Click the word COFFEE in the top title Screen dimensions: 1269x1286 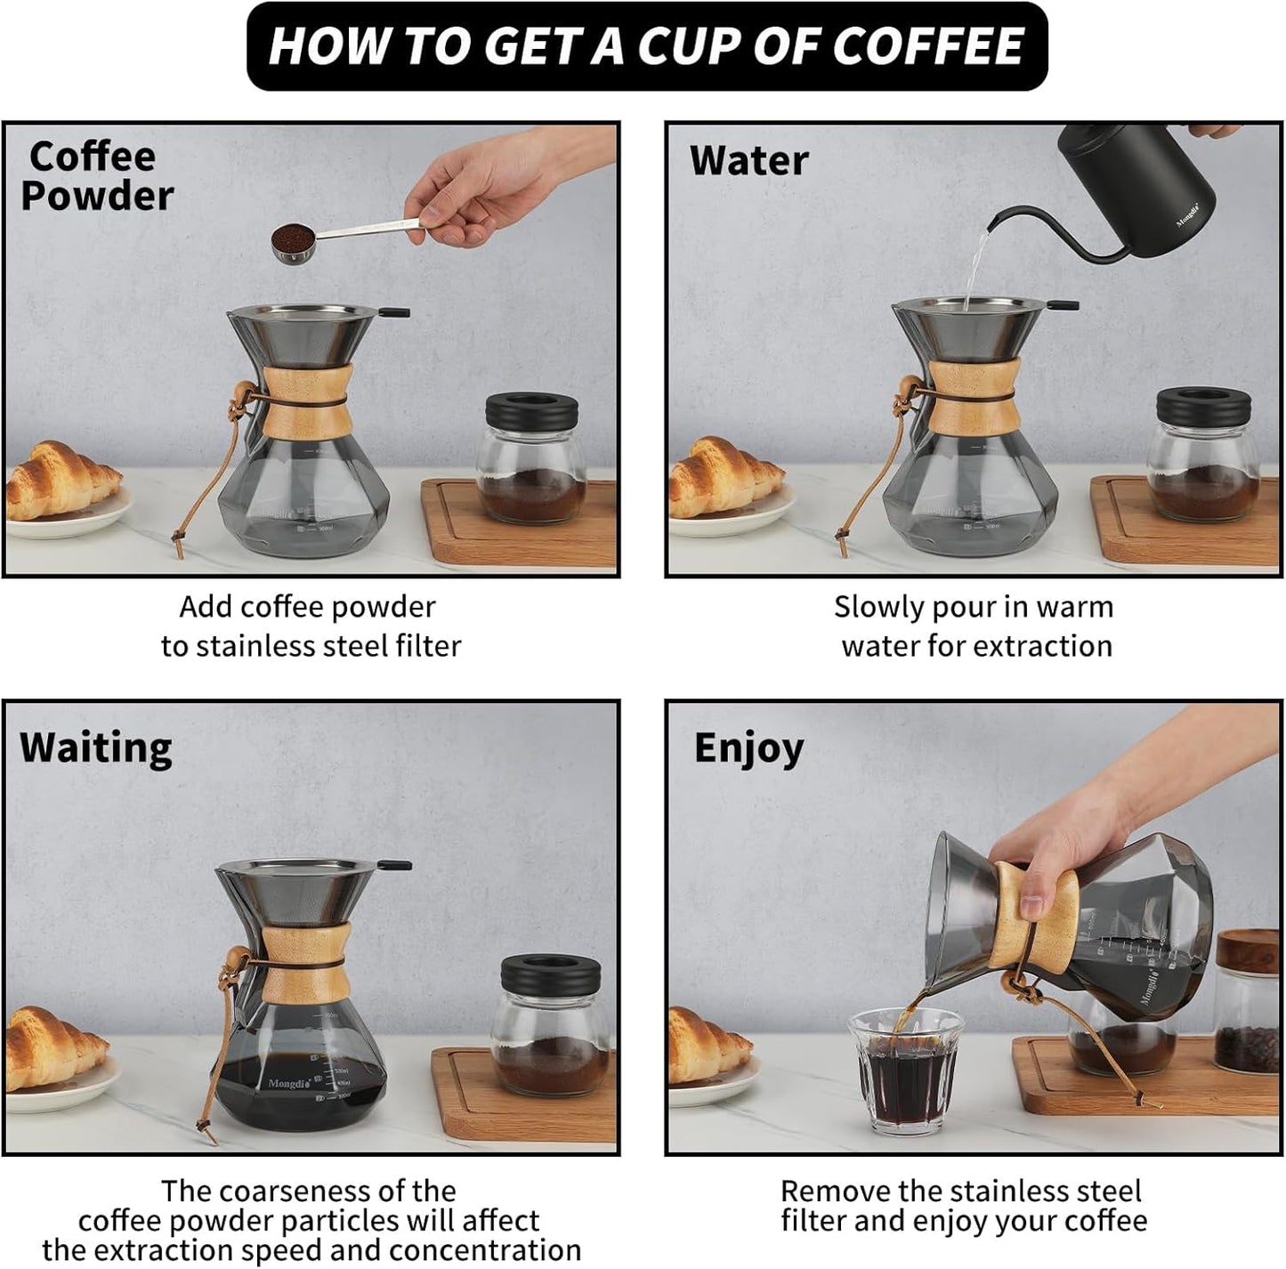pyautogui.click(x=928, y=46)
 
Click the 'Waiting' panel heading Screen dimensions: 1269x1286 pyautogui.click(x=96, y=748)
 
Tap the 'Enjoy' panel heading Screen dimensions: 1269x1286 pyautogui.click(x=748, y=748)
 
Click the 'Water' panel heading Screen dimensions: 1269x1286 pyautogui.click(x=748, y=161)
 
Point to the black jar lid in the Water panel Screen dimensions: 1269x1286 pyautogui.click(x=1203, y=406)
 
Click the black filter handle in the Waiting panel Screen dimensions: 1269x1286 pyautogui.click(x=394, y=864)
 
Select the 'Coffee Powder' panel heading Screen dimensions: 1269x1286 pyautogui.click(x=96, y=176)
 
